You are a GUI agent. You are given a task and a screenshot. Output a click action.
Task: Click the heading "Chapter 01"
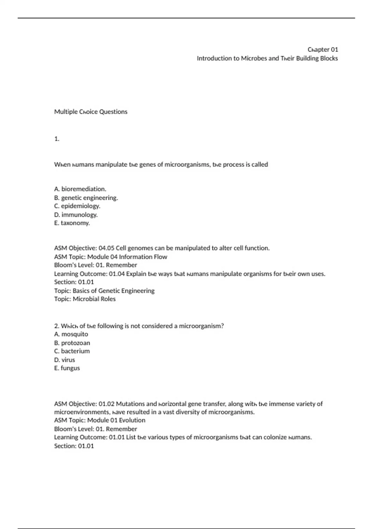(x=323, y=49)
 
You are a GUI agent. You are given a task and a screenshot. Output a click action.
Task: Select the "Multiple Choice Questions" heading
(x=91, y=112)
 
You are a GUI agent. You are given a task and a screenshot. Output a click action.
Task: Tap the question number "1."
(x=57, y=139)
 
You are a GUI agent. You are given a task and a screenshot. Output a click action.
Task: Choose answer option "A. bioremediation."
(x=80, y=189)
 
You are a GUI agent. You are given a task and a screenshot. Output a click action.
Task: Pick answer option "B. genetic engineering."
(x=86, y=198)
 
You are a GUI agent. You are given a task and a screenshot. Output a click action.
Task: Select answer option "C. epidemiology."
(x=77, y=206)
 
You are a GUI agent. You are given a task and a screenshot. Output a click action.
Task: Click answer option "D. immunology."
(x=76, y=215)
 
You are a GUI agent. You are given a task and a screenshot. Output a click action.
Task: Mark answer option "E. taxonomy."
(x=72, y=223)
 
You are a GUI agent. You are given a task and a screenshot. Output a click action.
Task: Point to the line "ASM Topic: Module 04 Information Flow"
(x=111, y=257)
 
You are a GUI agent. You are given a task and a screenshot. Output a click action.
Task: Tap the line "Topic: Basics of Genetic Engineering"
(x=104, y=291)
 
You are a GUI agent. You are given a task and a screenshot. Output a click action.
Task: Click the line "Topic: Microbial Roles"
(x=85, y=299)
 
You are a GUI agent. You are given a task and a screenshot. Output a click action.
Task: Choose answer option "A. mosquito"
(x=71, y=334)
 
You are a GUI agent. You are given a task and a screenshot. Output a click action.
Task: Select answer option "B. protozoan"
(x=72, y=343)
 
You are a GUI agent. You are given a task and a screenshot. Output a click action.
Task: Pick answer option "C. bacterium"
(x=72, y=351)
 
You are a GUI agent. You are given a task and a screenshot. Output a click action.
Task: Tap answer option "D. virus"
(x=64, y=360)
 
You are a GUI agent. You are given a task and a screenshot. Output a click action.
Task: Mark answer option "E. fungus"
(x=67, y=368)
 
